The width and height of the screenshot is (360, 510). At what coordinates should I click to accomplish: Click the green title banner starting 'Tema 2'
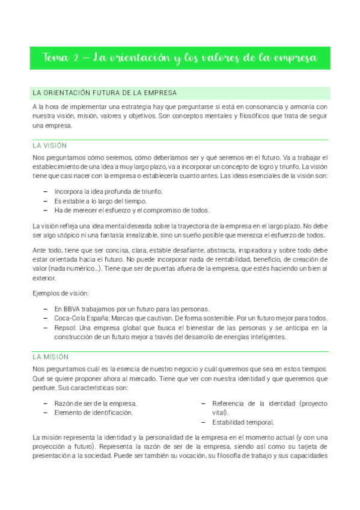[180, 58]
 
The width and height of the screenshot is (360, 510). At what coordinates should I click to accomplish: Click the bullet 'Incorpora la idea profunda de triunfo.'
[108, 191]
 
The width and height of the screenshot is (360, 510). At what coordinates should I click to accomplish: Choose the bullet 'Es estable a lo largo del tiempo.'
[100, 200]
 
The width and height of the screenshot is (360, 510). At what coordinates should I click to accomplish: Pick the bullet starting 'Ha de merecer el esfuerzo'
[132, 210]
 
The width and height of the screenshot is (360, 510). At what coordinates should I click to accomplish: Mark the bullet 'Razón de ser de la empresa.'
[96, 403]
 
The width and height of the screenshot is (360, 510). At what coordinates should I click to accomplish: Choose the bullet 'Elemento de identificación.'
[93, 413]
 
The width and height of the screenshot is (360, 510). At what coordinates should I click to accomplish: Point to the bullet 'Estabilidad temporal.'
[243, 422]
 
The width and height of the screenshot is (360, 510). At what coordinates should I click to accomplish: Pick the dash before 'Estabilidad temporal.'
[203, 422]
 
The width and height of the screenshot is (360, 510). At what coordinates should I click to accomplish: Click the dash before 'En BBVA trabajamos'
[47, 308]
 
